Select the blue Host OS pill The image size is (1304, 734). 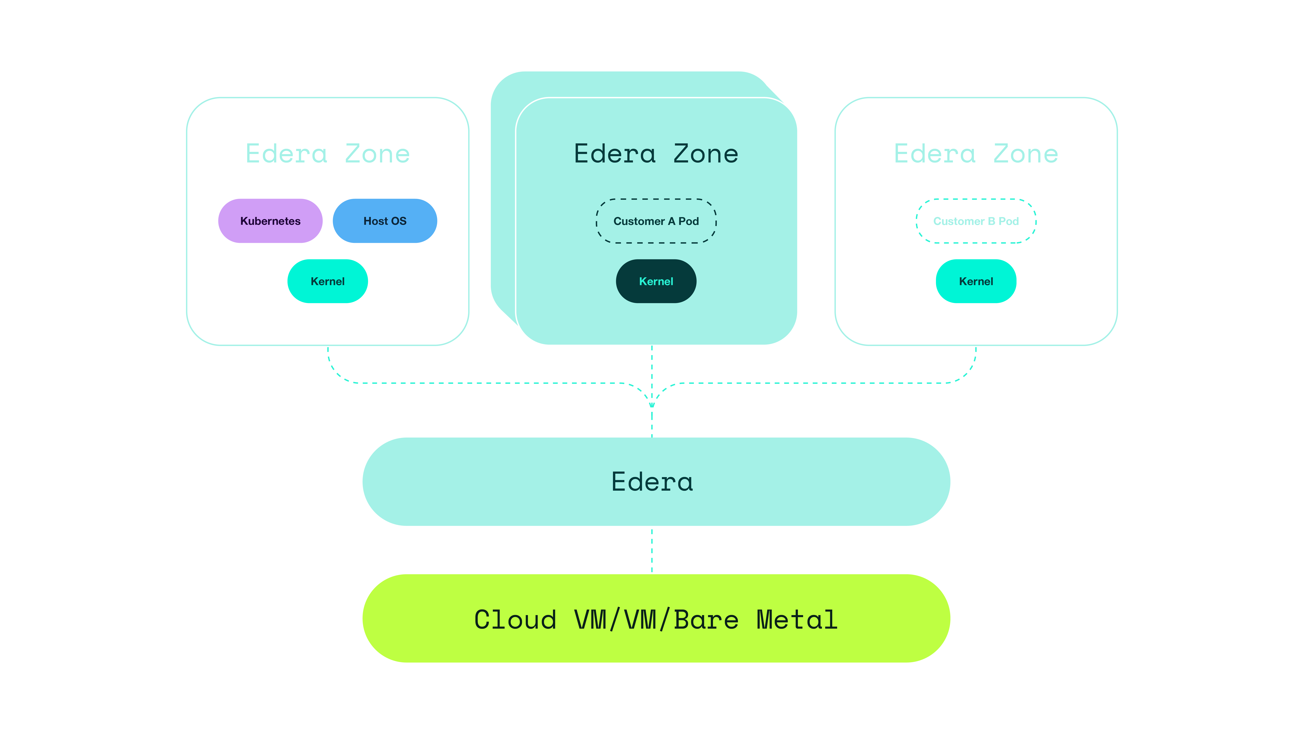[x=385, y=221]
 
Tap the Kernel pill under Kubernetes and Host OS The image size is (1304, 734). [x=327, y=281]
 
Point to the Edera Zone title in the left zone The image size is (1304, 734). [x=327, y=153]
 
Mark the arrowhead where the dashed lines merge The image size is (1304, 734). [x=652, y=404]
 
